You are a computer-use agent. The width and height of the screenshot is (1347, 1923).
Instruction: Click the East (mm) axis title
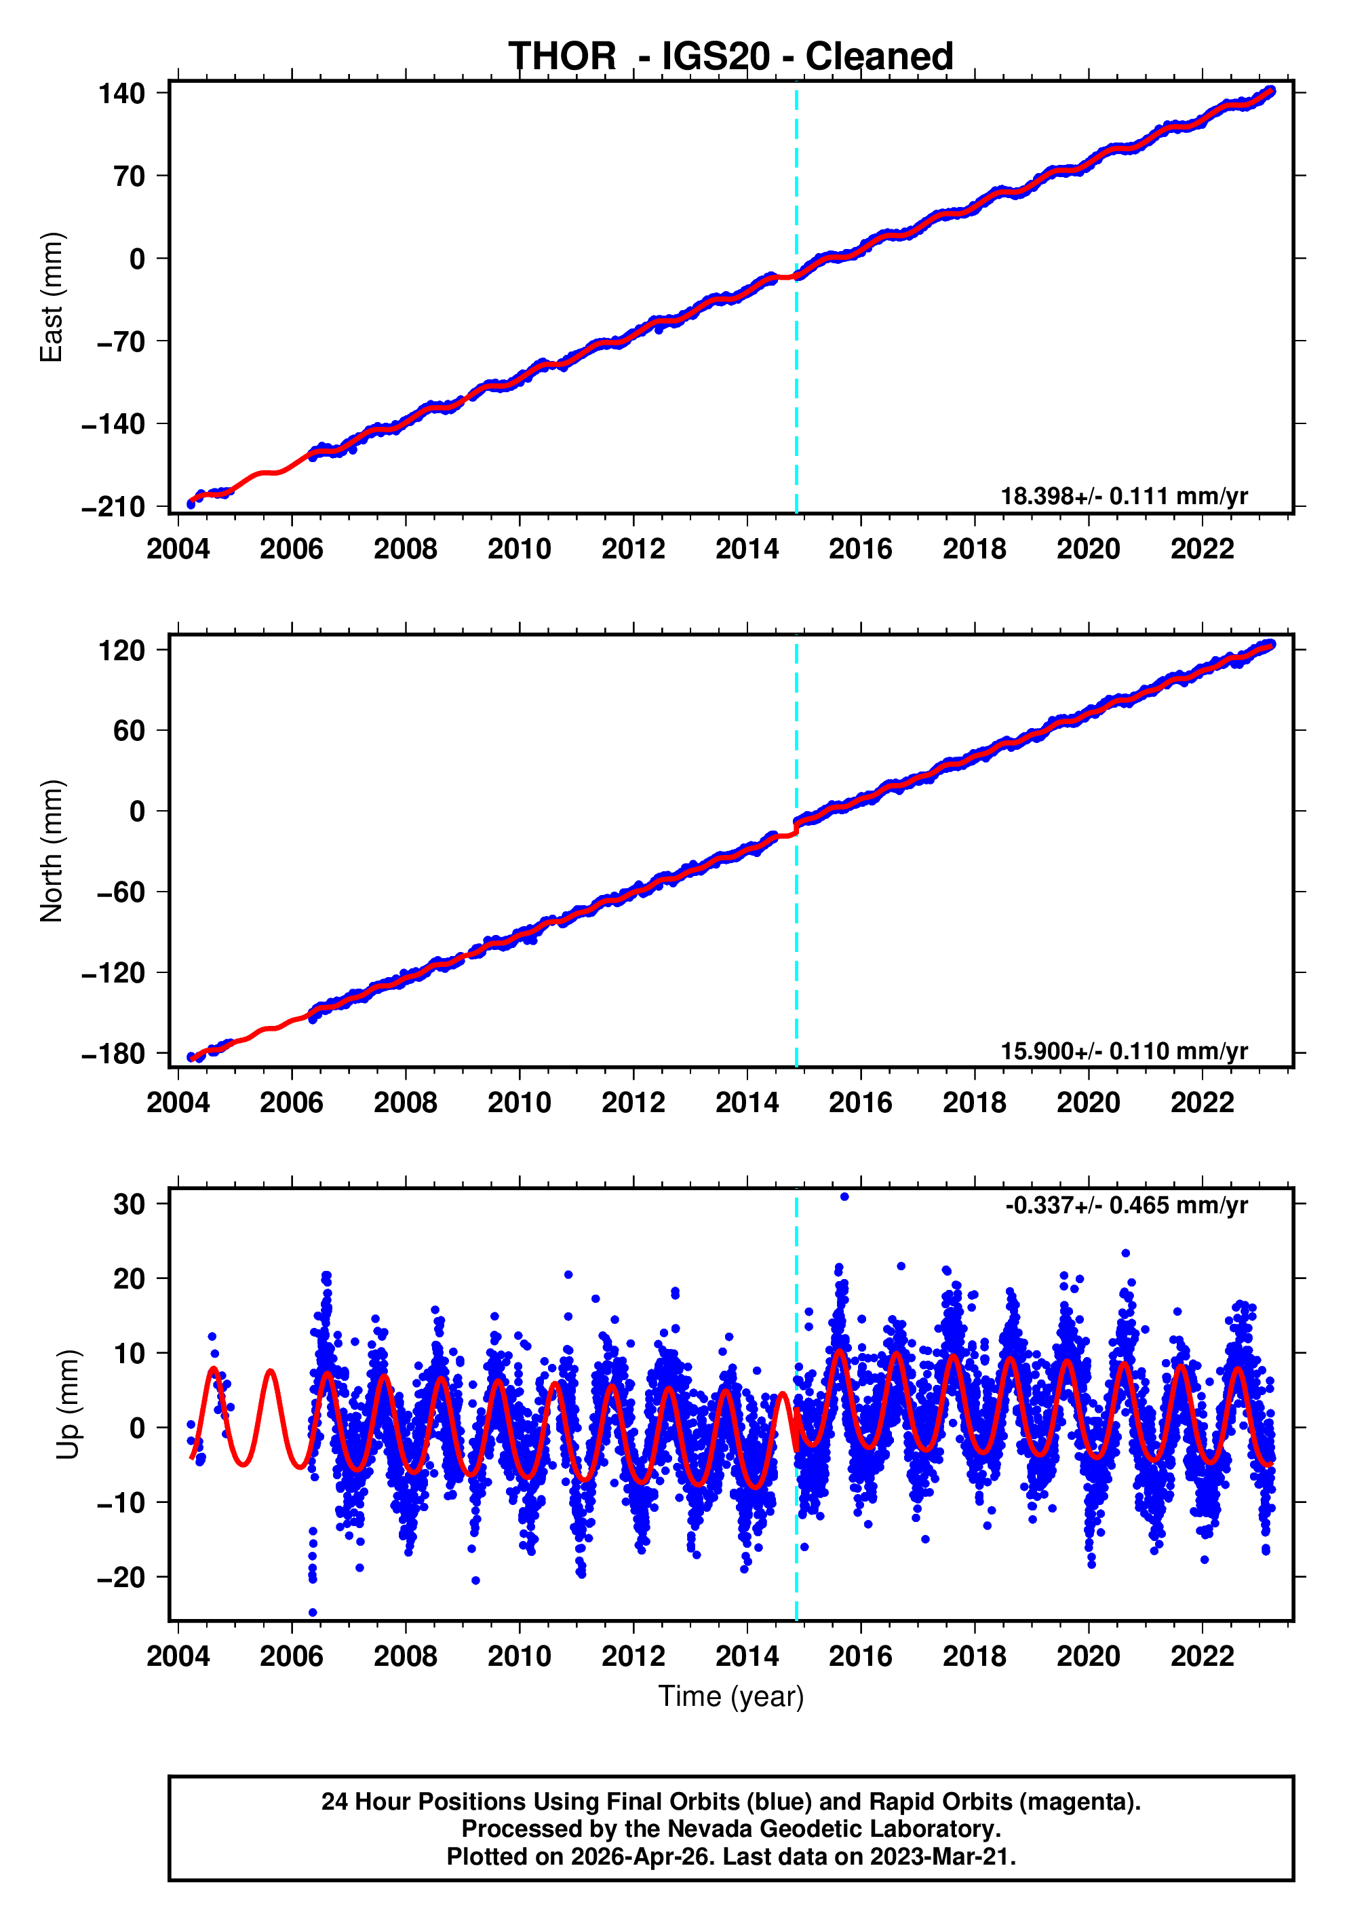(x=52, y=297)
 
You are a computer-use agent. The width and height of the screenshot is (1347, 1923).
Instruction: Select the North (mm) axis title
(x=52, y=850)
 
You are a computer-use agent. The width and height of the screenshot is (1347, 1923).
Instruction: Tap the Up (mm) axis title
(x=69, y=1404)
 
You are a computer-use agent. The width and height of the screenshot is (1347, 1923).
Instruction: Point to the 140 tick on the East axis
(x=121, y=93)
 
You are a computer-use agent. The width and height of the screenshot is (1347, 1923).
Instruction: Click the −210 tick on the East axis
(x=113, y=507)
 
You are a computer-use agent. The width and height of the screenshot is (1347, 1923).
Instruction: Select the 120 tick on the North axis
(x=121, y=650)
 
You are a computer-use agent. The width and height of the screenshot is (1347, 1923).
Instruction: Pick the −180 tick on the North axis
(x=113, y=1054)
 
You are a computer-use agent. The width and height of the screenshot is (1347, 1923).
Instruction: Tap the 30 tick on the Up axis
(x=129, y=1204)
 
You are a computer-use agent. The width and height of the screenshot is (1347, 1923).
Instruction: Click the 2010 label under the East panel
(x=519, y=550)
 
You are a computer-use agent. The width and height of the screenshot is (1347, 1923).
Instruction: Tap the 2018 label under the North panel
(x=975, y=1103)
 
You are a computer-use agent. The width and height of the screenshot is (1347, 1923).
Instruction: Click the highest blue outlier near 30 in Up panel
(x=844, y=1197)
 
